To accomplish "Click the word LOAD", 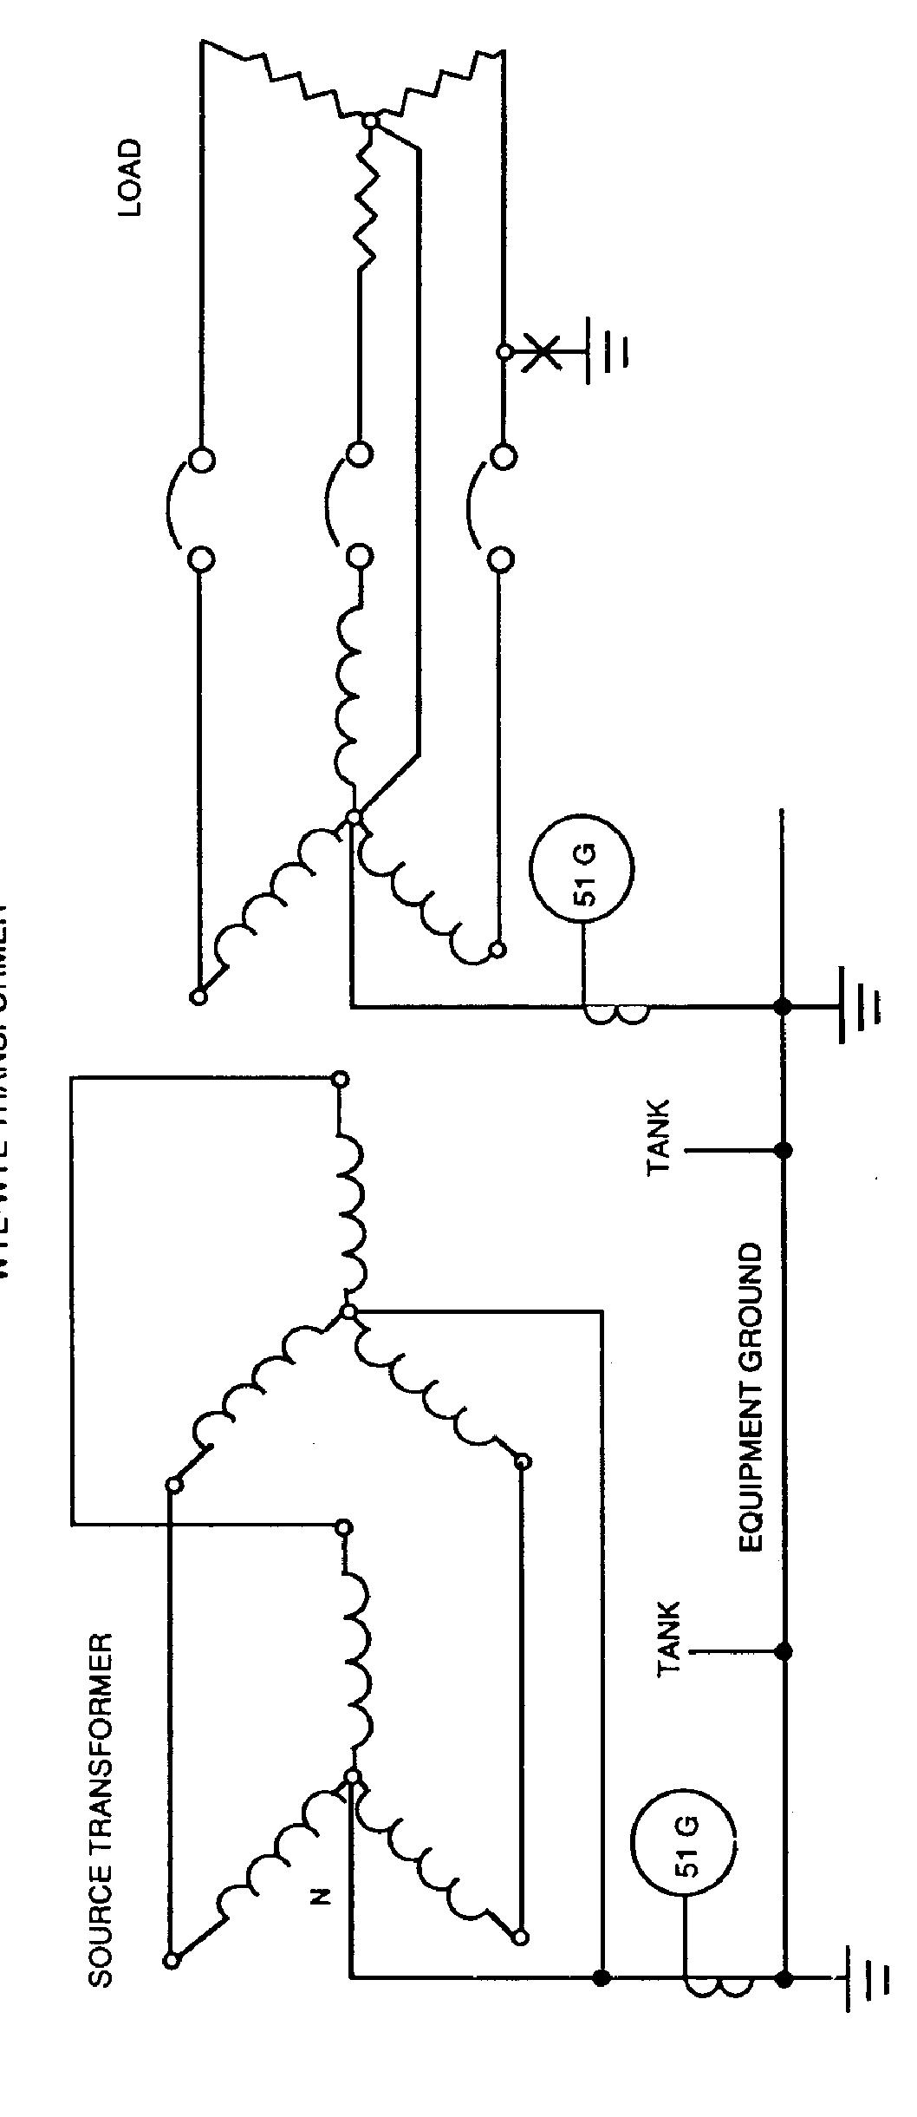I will pos(129,178).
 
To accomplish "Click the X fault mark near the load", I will pos(542,352).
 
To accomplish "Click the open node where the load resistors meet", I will pos(371,121).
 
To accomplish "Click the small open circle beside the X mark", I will pos(503,352).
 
